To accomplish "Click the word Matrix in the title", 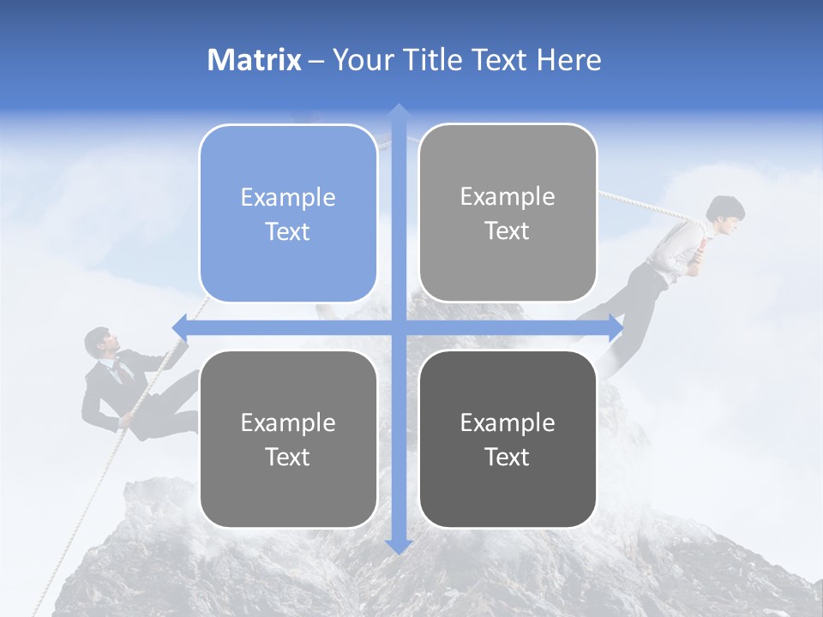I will coord(255,60).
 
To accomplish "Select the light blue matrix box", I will coord(288,213).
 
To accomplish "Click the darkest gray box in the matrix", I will coord(508,439).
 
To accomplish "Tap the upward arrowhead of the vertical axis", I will coord(398,111).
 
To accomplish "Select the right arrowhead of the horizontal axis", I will coord(615,327).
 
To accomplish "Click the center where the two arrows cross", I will coord(398,327).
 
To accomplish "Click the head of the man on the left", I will coord(98,342).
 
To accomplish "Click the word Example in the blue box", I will coord(288,197).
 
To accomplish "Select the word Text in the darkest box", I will coord(508,457).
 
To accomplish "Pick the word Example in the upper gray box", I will coord(508,196).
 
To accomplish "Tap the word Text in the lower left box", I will coord(288,457).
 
